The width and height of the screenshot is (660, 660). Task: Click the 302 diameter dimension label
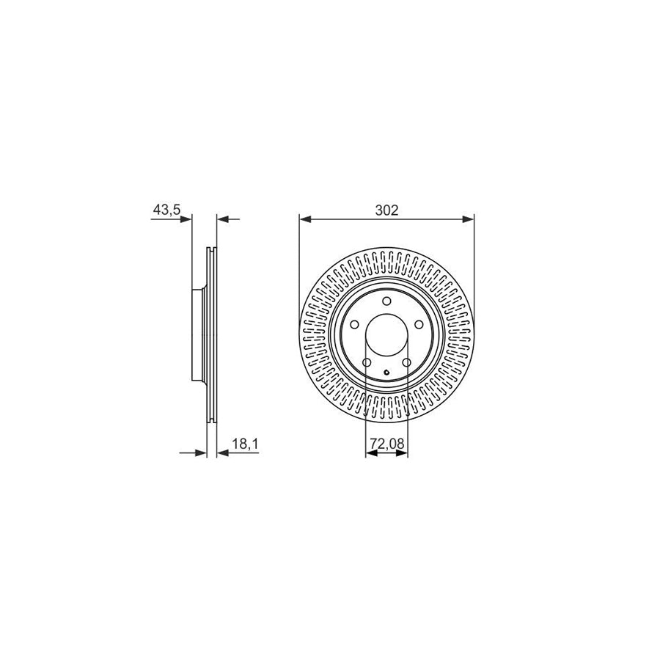click(386, 210)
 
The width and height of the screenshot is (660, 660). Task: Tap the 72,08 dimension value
click(386, 444)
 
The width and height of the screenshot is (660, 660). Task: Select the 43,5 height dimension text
click(166, 210)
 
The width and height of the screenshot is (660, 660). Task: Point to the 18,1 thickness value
click(243, 444)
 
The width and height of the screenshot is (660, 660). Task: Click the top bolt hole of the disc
click(386, 300)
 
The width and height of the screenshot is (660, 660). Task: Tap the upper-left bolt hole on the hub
click(354, 326)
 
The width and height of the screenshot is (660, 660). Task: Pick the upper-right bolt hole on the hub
click(419, 326)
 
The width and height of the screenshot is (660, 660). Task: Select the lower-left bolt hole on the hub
click(367, 362)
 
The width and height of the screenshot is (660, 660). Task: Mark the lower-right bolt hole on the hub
click(407, 362)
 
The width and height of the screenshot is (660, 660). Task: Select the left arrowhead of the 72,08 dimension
click(370, 453)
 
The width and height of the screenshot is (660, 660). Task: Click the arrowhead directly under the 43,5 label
click(186, 218)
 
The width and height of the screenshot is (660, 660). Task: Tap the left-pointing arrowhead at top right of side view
click(223, 218)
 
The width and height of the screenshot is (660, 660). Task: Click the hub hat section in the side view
click(197, 335)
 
